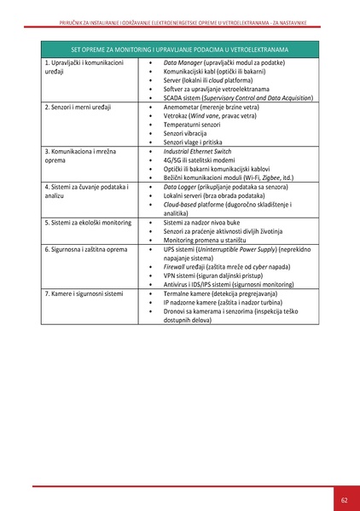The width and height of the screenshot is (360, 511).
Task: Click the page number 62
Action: (x=344, y=499)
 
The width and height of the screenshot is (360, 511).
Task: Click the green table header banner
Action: (x=179, y=49)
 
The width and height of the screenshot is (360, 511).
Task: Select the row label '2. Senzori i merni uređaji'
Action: (x=81, y=107)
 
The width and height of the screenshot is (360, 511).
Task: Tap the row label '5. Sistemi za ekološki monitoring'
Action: (x=88, y=222)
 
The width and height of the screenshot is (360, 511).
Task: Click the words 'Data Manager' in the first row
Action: (x=182, y=63)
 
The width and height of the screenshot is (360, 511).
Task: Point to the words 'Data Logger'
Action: (x=180, y=187)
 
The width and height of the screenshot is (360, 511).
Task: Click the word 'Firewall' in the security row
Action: (x=177, y=266)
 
